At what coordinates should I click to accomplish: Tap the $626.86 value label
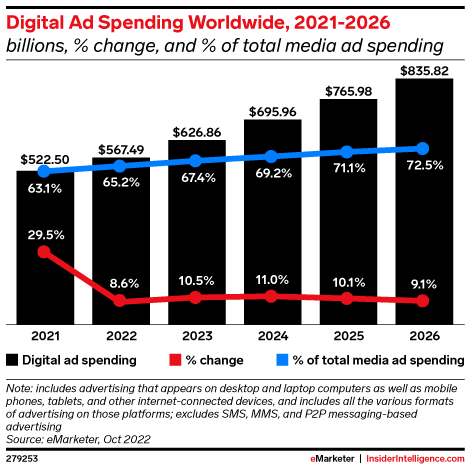[x=195, y=130]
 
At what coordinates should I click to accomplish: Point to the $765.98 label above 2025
[x=347, y=91]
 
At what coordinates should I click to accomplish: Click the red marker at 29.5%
[x=43, y=252]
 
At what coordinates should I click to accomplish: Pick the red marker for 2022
[x=119, y=300]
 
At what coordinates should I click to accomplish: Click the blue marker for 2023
[x=195, y=160]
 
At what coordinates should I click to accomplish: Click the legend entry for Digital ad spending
[x=70, y=358]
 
